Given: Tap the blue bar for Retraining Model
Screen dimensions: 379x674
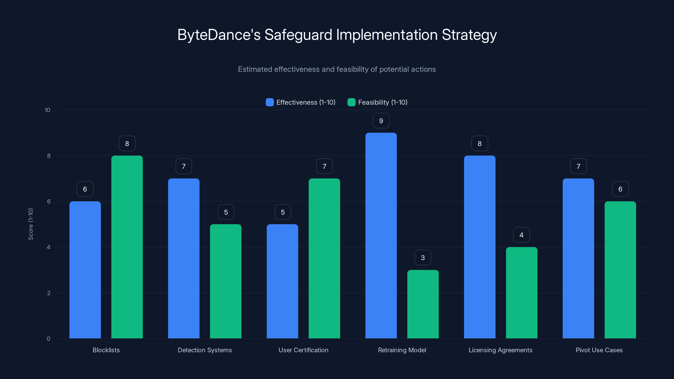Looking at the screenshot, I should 381,235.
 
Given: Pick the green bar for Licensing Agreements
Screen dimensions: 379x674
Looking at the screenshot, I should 522,293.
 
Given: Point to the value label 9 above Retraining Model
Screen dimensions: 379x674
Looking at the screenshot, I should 381,121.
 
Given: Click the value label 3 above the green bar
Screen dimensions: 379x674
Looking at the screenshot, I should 423,258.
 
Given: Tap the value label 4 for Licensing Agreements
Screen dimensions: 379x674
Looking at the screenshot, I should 522,235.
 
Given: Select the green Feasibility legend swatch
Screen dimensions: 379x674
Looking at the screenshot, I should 351,102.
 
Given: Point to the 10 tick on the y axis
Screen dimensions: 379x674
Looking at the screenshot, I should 47,110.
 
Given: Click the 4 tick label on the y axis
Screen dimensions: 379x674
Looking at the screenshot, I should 48,247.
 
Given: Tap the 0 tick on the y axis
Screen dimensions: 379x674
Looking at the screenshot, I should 48,339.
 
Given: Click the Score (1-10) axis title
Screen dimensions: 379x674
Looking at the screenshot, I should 31,224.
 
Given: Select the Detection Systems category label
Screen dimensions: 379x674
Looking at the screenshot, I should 205,350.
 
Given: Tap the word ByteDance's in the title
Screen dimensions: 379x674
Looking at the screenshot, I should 219,35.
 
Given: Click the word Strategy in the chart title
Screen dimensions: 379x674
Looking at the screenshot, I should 469,35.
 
